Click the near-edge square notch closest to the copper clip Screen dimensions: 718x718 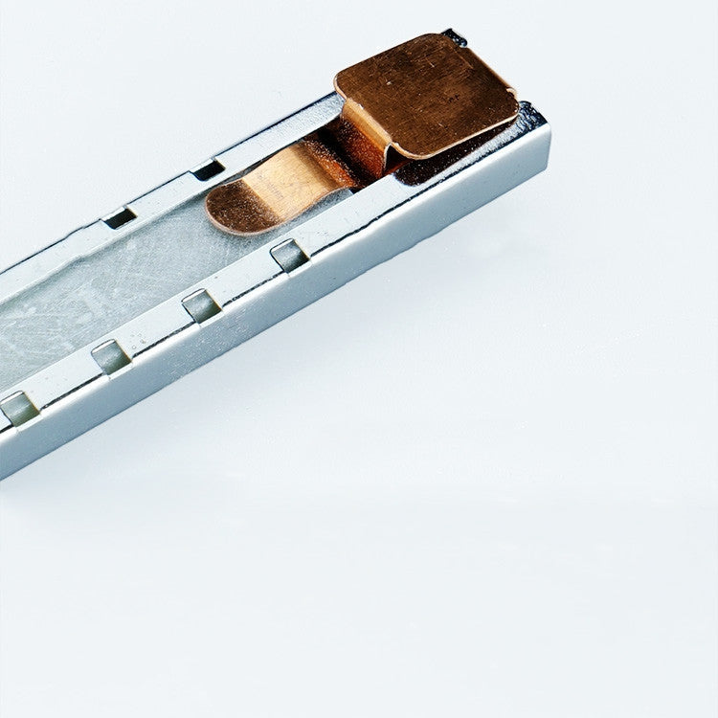289,256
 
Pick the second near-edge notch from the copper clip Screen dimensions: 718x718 201,305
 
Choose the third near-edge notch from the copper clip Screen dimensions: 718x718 110,357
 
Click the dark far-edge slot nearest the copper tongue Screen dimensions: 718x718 208,170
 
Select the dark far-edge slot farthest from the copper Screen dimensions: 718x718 121,217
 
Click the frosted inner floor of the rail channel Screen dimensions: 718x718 96,297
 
